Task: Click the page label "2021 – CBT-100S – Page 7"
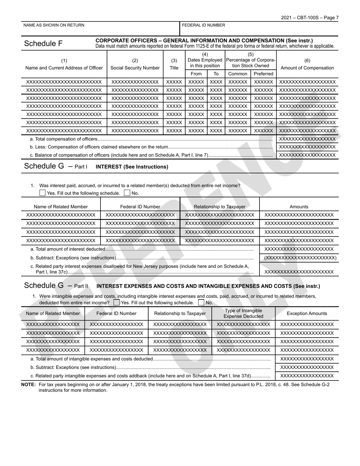tap(310, 18)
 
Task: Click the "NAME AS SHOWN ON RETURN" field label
tap(54, 25)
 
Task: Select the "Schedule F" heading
tap(43, 44)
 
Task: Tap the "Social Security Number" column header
tap(135, 68)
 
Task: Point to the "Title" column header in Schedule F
tap(174, 68)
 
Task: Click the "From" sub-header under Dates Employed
tap(196, 74)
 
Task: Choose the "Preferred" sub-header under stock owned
tap(263, 74)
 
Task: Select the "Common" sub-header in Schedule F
tap(238, 74)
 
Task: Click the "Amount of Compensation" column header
tap(307, 68)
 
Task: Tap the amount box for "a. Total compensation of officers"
tap(307, 139)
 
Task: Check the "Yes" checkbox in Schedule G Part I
tap(42, 193)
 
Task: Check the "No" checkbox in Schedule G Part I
tap(127, 193)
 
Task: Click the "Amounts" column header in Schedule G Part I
tap(299, 207)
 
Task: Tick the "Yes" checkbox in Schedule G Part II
tap(116, 303)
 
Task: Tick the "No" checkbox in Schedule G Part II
tap(201, 303)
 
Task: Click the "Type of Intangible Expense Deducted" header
tap(243, 313)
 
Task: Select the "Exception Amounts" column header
tap(307, 313)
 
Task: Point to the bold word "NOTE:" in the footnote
tap(29, 385)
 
